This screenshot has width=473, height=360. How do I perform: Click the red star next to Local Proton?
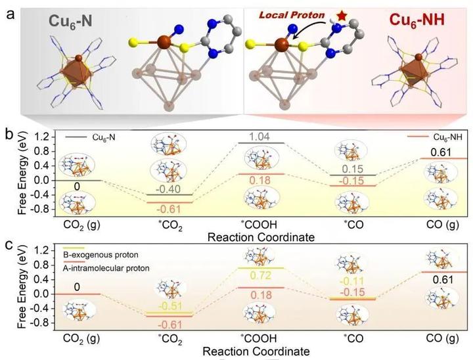(x=323, y=14)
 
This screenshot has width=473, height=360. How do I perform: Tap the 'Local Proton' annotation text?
(x=281, y=14)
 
